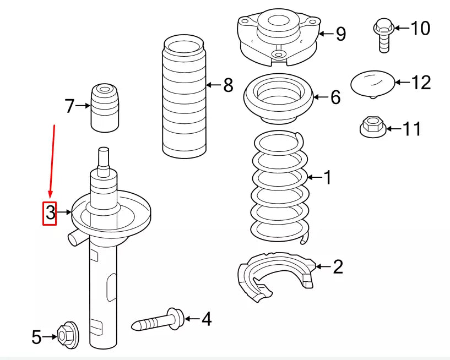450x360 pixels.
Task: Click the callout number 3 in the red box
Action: [50, 212]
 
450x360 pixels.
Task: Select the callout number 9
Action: [341, 34]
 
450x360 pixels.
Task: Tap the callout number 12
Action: [421, 83]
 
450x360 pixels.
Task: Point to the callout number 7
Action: [69, 106]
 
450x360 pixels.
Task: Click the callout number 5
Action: [36, 337]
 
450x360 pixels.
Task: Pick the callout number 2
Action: [338, 267]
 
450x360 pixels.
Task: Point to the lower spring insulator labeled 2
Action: [275, 275]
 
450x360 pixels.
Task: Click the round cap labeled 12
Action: [372, 83]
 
